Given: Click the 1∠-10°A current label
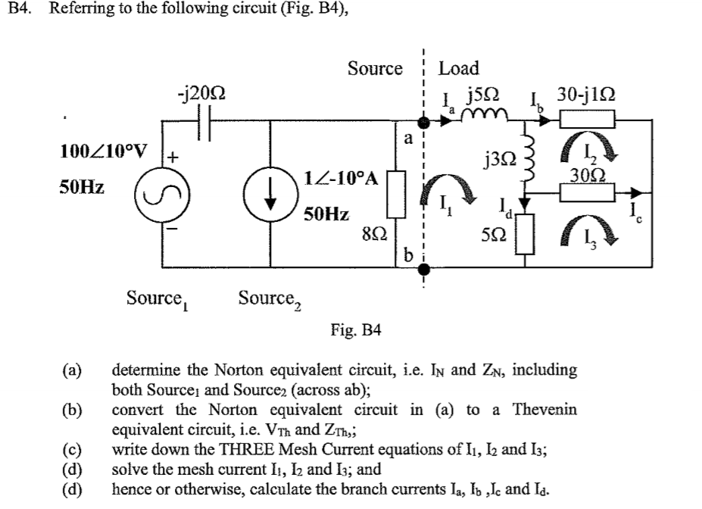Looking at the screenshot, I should click(x=339, y=180).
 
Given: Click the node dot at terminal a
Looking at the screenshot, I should click(x=426, y=121).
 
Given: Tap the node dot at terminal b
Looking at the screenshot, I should click(x=426, y=268).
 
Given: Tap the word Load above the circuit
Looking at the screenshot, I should click(x=459, y=68).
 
